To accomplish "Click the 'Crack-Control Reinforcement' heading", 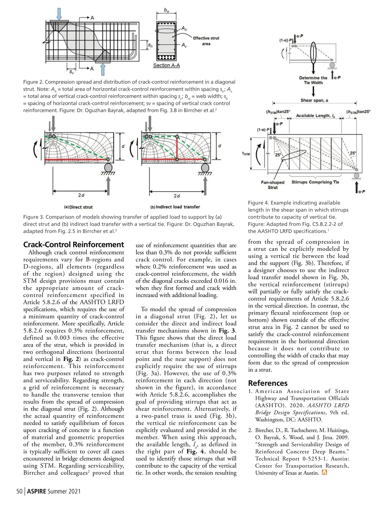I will click(x=73, y=245).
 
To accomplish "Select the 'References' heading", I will click(x=267, y=383).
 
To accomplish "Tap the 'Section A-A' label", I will click(x=166, y=66).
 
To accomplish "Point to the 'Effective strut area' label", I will click(x=206, y=41).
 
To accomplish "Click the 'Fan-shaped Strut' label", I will click(x=272, y=185).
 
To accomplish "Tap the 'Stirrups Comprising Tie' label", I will click(x=315, y=182).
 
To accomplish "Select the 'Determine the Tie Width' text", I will click(x=313, y=80).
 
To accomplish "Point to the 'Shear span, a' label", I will click(x=314, y=100).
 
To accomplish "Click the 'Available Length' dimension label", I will click(x=315, y=116).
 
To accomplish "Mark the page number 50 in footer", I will click(x=19, y=491).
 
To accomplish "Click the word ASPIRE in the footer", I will click(x=37, y=491).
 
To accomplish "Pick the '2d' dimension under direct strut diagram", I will click(x=81, y=195).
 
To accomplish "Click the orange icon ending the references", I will click(x=324, y=473).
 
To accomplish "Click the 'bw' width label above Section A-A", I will click(x=166, y=10).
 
